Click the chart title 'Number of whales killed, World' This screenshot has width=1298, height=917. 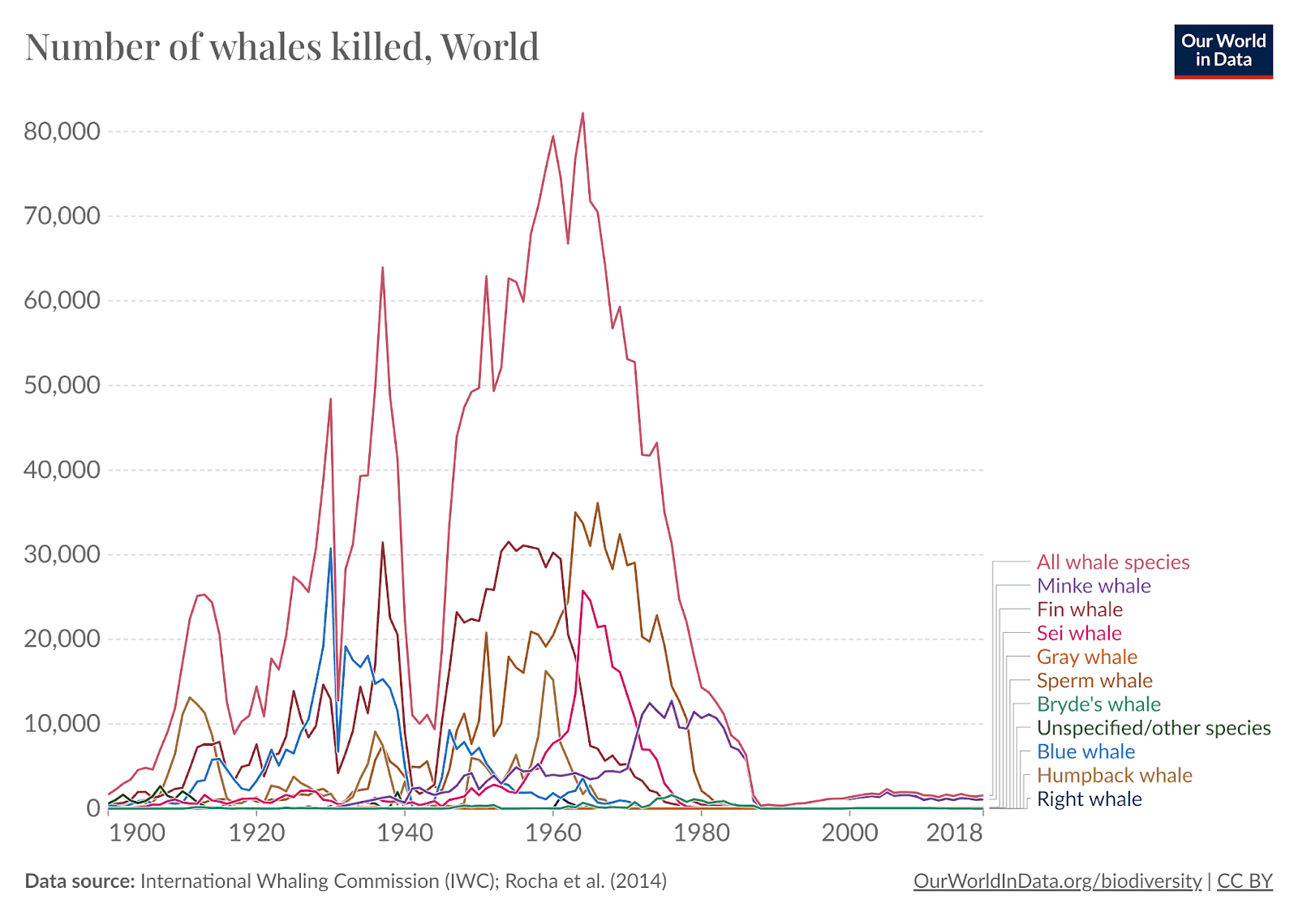point(282,46)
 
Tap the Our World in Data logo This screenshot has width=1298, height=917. point(1223,51)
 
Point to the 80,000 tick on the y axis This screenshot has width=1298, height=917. point(62,131)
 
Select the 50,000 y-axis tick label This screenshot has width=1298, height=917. point(62,385)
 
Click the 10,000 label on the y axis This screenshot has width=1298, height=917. point(62,724)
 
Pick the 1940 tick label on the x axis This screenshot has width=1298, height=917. point(405,833)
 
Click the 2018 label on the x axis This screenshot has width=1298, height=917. point(954,833)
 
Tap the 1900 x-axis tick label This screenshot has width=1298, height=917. point(136,833)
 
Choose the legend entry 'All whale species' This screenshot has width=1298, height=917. point(1112,562)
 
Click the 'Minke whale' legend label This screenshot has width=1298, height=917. point(1094,586)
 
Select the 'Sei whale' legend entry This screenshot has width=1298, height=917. point(1079,633)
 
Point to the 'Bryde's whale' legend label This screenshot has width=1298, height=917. point(1098,704)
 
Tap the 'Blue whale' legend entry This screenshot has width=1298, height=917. point(1085,751)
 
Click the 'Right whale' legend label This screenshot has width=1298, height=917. point(1089,799)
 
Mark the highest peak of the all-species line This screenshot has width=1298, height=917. point(582,114)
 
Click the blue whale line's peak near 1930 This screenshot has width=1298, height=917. point(330,549)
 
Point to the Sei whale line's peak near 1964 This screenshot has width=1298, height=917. point(583,591)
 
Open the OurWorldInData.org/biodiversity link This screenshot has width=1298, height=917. point(1057,881)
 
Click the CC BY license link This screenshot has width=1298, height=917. point(1244,881)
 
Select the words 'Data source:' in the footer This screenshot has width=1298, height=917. point(80,881)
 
